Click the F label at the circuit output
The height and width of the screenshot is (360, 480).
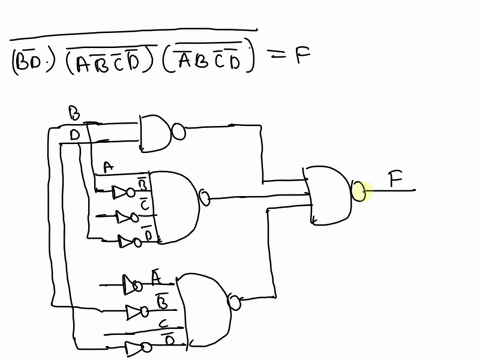point(397,181)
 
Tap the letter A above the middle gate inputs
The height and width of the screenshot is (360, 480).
point(107,168)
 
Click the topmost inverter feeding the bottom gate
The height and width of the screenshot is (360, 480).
point(130,282)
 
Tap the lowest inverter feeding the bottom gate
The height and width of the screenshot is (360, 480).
point(134,349)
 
